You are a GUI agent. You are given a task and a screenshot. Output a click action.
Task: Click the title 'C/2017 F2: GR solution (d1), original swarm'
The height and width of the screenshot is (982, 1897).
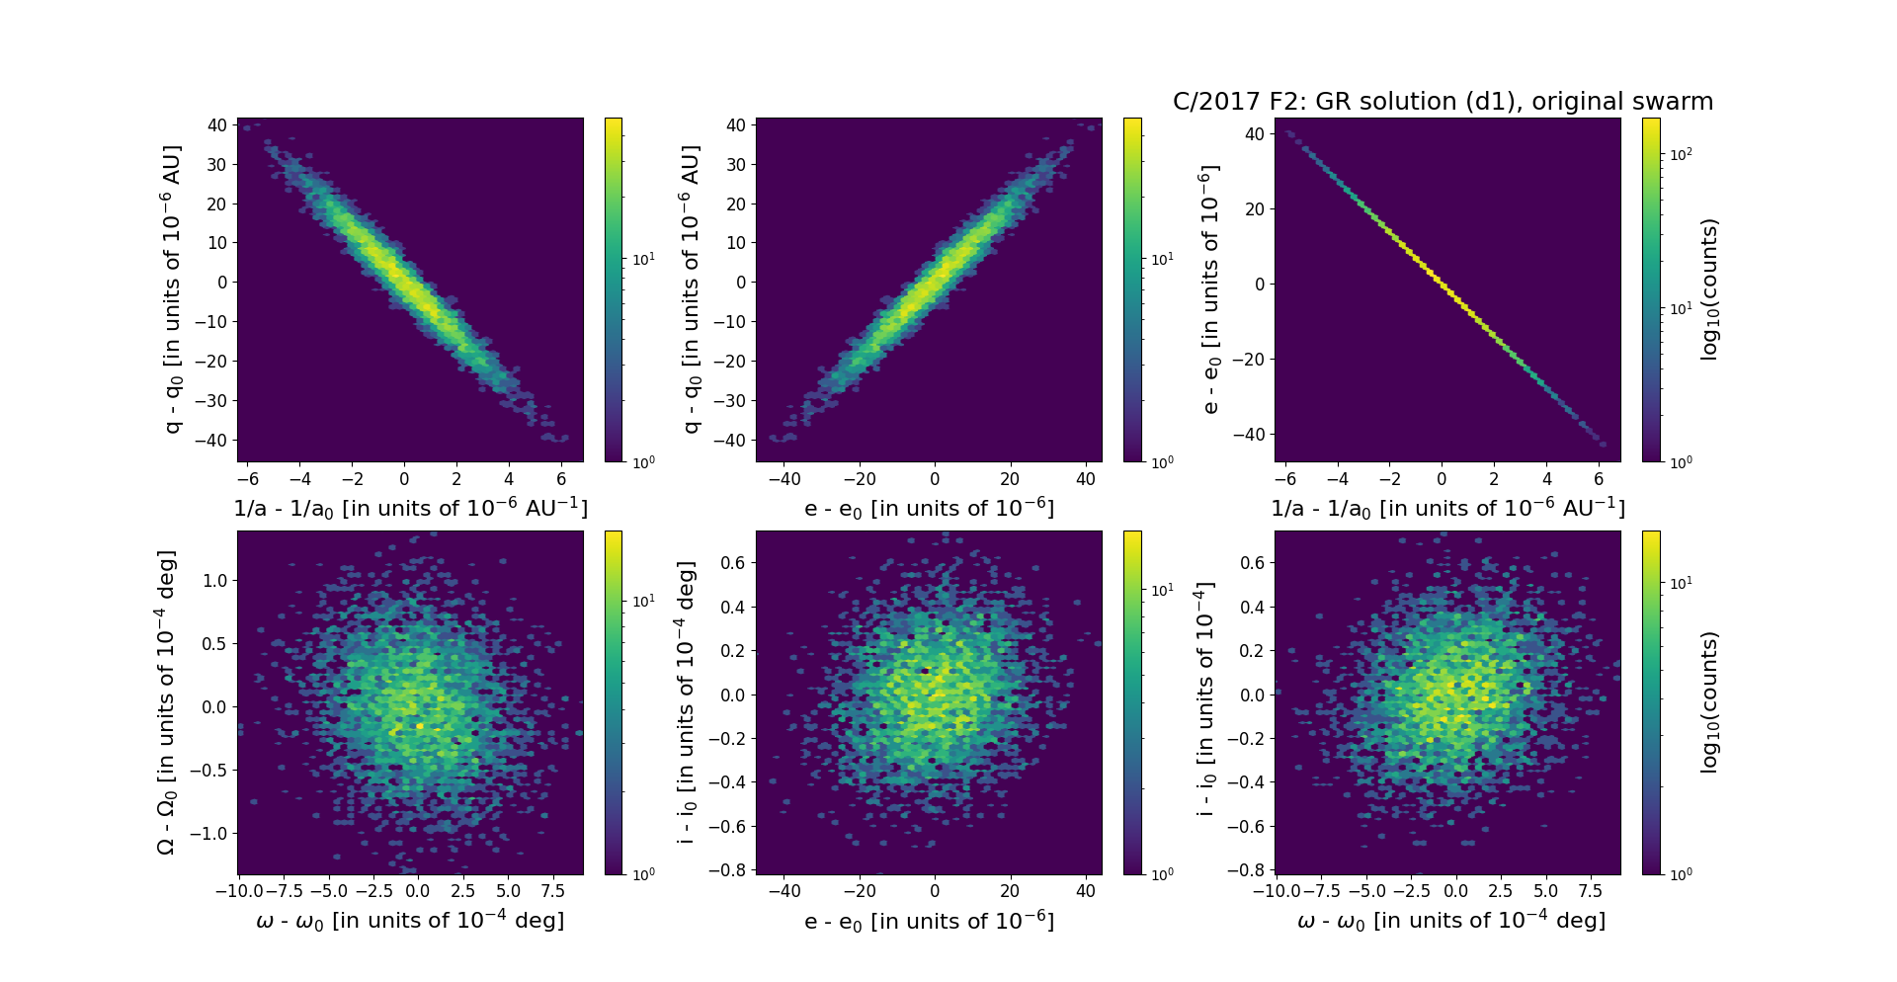click(x=1443, y=102)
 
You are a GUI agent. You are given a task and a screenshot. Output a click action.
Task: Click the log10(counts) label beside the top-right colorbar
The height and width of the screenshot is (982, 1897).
click(x=1709, y=289)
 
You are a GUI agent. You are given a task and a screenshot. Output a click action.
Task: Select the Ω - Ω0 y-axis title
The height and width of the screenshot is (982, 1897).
click(x=167, y=702)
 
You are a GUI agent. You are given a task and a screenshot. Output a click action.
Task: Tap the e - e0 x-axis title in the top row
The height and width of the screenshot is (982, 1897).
click(x=929, y=509)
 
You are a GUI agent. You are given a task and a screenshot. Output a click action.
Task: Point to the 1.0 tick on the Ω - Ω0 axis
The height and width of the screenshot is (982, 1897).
click(x=214, y=580)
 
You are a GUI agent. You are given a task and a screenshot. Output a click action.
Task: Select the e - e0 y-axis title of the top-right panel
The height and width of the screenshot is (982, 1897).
click(x=1209, y=289)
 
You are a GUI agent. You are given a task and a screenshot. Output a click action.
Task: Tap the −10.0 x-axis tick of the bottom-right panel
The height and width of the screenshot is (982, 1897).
click(x=1275, y=890)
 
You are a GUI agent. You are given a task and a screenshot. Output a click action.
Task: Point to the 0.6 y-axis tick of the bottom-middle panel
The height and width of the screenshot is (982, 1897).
click(x=731, y=563)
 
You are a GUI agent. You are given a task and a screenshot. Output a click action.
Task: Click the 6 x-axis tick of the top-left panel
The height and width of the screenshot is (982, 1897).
click(x=561, y=479)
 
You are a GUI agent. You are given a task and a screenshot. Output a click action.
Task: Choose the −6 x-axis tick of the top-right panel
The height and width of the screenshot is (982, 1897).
click(x=1284, y=479)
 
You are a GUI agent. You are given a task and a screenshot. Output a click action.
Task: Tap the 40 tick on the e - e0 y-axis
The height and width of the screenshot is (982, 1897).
click(x=1255, y=134)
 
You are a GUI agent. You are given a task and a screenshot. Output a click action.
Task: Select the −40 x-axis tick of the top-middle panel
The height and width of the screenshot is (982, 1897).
click(x=784, y=479)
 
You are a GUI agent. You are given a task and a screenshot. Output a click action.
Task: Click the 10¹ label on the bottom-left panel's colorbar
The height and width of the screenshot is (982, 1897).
click(x=643, y=601)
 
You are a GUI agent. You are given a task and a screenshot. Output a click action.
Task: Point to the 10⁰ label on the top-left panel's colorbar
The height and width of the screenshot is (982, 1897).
click(x=643, y=461)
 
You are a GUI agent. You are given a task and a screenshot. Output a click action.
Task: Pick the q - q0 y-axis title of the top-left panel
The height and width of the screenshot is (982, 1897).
click(x=172, y=289)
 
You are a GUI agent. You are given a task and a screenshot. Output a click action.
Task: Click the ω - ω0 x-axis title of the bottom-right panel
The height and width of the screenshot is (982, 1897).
click(x=1450, y=921)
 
